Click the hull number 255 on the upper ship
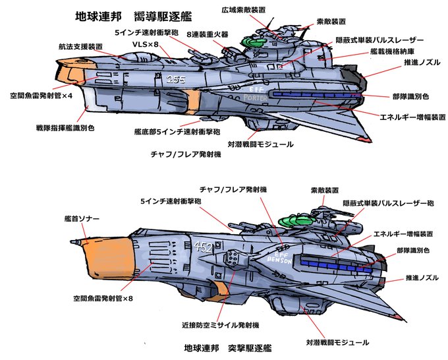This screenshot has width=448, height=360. click(176, 79)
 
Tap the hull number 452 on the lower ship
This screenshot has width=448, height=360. click(203, 248)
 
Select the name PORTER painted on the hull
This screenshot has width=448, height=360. click(255, 98)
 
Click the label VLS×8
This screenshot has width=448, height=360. click(145, 44)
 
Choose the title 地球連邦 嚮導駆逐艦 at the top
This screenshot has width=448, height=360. click(134, 16)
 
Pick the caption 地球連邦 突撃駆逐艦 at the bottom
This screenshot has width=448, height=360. click(228, 348)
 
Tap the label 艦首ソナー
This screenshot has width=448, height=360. click(82, 219)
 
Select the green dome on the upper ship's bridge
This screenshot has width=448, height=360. click(252, 42)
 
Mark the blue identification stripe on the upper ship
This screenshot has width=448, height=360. click(315, 95)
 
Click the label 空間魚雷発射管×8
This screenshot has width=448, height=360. click(103, 299)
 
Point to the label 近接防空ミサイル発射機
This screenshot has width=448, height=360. click(221, 325)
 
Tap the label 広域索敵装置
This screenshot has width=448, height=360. click(243, 10)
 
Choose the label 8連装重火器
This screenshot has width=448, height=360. click(208, 34)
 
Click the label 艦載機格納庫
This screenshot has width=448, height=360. click(392, 51)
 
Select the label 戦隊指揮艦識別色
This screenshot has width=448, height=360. click(65, 127)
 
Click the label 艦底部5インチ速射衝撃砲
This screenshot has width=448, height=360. click(177, 132)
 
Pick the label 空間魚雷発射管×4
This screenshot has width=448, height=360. click(42, 96)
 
